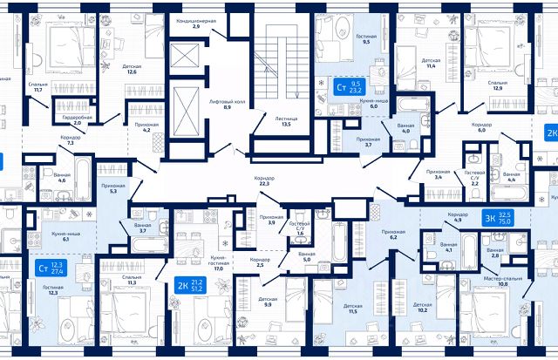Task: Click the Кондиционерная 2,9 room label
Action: [196, 23]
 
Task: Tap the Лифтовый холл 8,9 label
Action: [226, 105]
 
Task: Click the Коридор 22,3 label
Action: [263, 180]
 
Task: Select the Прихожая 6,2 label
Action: [394, 234]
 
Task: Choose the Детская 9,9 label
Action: [268, 302]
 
